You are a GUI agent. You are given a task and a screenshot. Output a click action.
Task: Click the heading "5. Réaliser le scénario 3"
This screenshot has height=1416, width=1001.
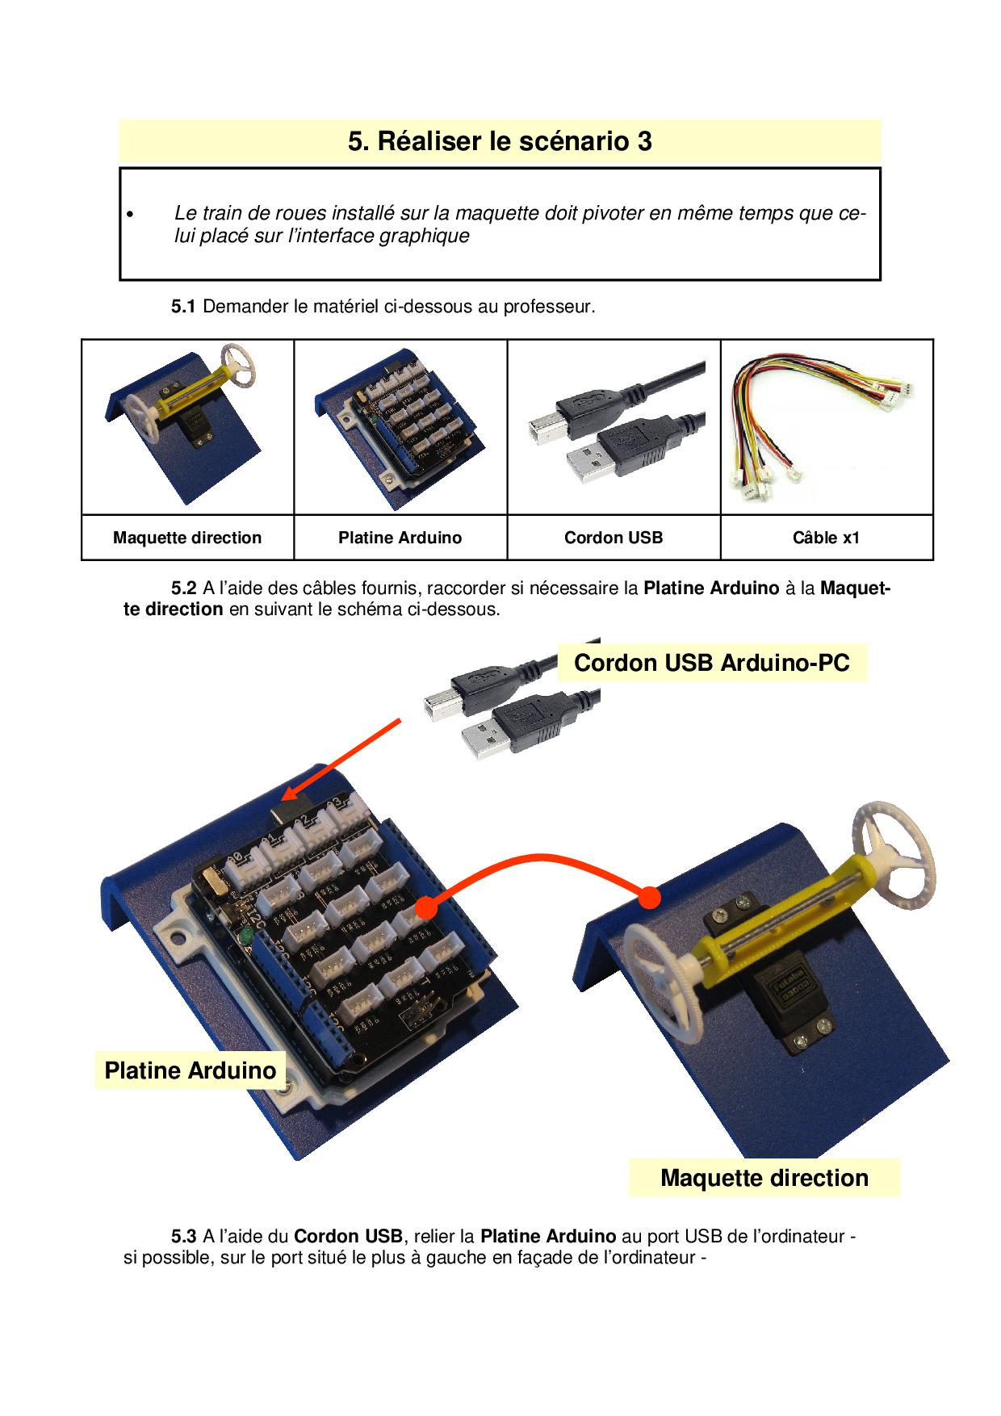point(500,141)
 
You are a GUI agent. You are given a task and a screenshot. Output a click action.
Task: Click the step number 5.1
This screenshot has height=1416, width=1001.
point(182,307)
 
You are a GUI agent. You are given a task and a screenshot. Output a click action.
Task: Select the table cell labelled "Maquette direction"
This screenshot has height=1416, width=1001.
point(187,538)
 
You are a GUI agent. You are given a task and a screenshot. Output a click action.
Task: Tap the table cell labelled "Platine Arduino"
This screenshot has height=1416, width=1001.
point(400,538)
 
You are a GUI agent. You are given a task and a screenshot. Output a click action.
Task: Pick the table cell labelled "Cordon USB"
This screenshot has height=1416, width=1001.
point(614,538)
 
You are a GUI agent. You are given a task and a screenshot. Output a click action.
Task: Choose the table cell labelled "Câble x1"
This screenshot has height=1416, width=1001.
point(827,538)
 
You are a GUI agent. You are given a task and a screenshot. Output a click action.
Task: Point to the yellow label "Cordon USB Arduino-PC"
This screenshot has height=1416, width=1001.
point(711,663)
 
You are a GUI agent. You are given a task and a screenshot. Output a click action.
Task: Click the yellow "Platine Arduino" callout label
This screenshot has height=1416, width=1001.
point(191,1070)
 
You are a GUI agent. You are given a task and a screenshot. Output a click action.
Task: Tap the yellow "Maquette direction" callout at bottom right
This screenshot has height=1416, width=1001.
point(764,1178)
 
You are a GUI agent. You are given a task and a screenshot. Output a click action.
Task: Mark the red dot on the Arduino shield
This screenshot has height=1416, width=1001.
point(427,909)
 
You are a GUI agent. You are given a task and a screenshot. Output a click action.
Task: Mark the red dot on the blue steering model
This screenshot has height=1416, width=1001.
point(649,896)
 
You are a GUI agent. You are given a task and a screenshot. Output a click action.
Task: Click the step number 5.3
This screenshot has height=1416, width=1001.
point(182,1236)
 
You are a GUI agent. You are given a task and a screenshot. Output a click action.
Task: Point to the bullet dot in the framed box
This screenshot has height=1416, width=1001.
point(128,215)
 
